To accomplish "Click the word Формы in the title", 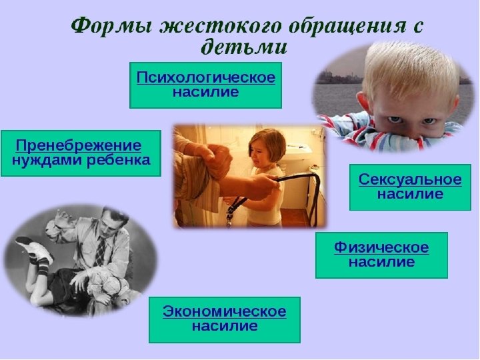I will (109, 27).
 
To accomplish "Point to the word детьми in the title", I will (244, 47).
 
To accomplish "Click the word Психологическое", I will (205, 77).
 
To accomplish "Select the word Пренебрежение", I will (79, 145).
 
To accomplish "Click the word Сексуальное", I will (409, 179).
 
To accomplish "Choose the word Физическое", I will (381, 247).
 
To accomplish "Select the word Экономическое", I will (225, 311).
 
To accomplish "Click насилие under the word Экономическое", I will (225, 327).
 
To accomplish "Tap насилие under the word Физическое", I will (381, 263).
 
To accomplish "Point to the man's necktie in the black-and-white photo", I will (100, 250).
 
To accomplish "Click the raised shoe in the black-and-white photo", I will (35, 248).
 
